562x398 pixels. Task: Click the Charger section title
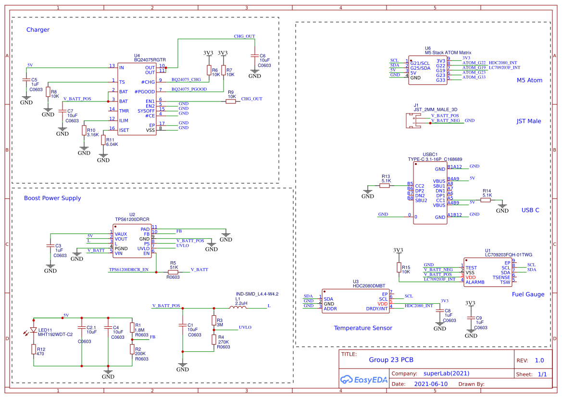(38, 30)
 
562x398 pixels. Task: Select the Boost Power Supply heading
(52, 198)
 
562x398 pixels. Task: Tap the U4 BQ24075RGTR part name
(150, 60)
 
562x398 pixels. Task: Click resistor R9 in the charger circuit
(231, 102)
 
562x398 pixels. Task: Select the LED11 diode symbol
(34, 331)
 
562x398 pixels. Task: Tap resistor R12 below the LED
(34, 350)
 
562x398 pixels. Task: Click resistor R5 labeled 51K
(173, 272)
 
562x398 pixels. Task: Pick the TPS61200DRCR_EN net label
(129, 270)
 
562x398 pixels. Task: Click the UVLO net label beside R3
(245, 327)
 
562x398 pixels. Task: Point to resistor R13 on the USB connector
(385, 186)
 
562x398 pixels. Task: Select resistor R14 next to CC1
(487, 200)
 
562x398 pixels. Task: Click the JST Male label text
(528, 121)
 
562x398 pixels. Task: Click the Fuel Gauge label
(528, 295)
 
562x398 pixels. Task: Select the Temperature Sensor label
(363, 328)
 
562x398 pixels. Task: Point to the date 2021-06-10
(430, 385)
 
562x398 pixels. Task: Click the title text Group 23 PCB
(391, 360)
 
